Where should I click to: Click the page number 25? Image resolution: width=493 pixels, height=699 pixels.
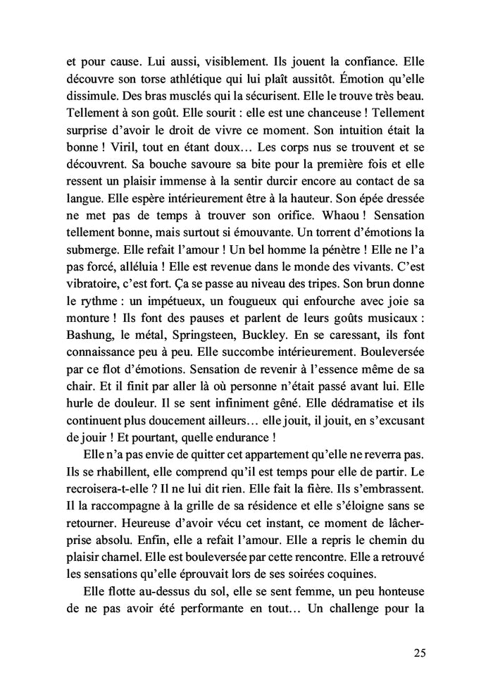point(419,652)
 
